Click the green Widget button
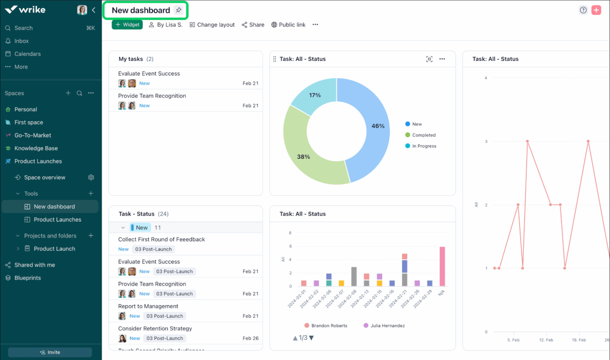click(x=127, y=25)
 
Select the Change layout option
click(x=212, y=25)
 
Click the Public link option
click(x=288, y=25)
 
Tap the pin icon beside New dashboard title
click(x=178, y=10)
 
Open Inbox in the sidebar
click(x=21, y=41)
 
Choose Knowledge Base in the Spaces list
click(x=36, y=148)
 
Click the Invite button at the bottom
click(x=50, y=352)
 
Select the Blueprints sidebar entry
click(x=28, y=278)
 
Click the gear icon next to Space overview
click(x=91, y=178)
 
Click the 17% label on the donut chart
click(x=315, y=95)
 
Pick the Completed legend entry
click(x=424, y=135)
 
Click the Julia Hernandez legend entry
click(x=387, y=326)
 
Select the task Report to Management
click(x=148, y=306)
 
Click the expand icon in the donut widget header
click(x=429, y=59)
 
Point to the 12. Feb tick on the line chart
click(x=546, y=340)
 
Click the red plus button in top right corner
click(x=596, y=10)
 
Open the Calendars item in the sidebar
click(x=27, y=54)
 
